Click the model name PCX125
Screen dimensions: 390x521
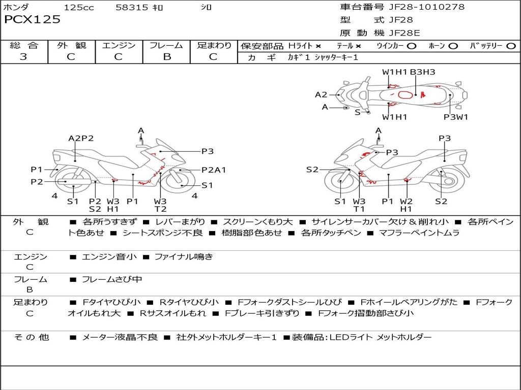pos(32,20)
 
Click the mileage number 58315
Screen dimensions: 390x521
pos(132,7)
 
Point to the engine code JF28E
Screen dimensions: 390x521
pos(405,33)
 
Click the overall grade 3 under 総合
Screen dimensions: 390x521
pos(23,57)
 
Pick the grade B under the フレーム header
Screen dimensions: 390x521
pos(166,57)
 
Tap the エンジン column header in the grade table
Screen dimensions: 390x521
pos(119,45)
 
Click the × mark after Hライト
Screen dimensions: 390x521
pos(318,46)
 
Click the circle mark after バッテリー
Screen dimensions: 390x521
pos(511,46)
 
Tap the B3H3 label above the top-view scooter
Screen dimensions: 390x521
pos(422,72)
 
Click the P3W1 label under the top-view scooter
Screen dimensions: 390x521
pos(455,117)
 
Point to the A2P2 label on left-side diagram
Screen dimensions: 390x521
pos(81,138)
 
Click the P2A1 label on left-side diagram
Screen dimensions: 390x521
pos(214,170)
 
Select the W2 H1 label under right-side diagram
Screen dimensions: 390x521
pos(406,205)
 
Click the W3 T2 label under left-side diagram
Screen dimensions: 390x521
pos(161,205)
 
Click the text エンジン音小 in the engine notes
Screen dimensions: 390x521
pos(109,257)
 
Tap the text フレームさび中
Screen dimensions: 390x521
pos(112,279)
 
